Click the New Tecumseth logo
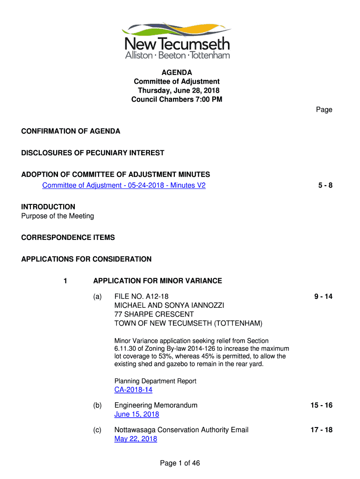point(177,41)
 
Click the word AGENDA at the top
point(177,73)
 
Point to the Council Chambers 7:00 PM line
point(177,99)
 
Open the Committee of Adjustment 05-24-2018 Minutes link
point(124,185)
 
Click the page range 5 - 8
point(325,185)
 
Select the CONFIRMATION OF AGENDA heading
point(71,131)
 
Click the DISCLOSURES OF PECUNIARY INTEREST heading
point(93,152)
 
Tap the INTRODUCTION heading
point(48,207)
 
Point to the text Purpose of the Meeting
point(58,216)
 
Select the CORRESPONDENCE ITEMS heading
point(68,237)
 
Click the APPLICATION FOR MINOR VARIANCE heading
point(158,281)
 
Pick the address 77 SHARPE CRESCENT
point(154,314)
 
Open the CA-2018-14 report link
point(133,390)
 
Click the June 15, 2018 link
point(137,414)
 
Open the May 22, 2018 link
point(136,439)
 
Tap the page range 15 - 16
point(321,405)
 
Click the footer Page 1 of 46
point(180,463)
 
